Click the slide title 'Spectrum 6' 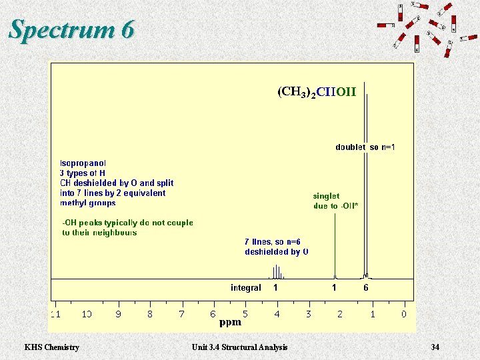click(72, 29)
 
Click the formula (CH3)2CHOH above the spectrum click(317, 92)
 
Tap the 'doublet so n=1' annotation click(365, 147)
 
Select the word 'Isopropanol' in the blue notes click(83, 163)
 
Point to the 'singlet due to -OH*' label click(335, 201)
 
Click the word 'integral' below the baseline click(246, 288)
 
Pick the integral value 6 click(365, 288)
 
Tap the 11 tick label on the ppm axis click(57, 313)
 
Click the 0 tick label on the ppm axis click(403, 313)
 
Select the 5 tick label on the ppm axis click(245, 313)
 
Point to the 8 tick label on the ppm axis click(150, 313)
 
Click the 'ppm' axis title click(230, 323)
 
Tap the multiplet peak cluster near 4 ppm click(276, 272)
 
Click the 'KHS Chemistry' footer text click(51, 347)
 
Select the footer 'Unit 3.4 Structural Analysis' click(239, 347)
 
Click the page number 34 click(435, 347)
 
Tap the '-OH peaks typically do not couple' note click(127, 223)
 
